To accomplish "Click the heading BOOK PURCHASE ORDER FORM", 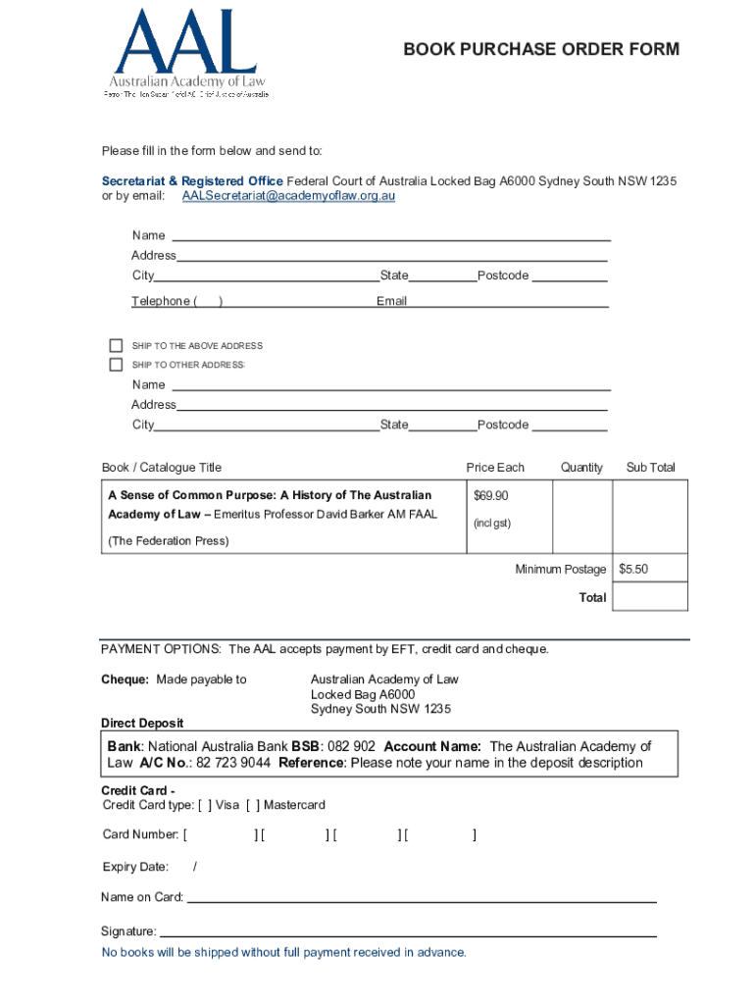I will [x=541, y=50].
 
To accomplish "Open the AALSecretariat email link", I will [x=288, y=196].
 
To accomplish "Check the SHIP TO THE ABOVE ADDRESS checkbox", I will [x=116, y=345].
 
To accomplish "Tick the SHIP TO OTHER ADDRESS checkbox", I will [x=116, y=365].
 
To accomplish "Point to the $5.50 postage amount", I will [x=633, y=569].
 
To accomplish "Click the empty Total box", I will [x=650, y=596].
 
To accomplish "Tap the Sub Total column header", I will [x=650, y=468].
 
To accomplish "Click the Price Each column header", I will [x=495, y=468].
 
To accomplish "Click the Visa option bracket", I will [x=204, y=806].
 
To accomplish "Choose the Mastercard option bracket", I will [x=252, y=806].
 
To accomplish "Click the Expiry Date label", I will [x=135, y=867].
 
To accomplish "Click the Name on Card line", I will [x=422, y=899].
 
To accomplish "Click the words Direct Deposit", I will [x=142, y=724].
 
